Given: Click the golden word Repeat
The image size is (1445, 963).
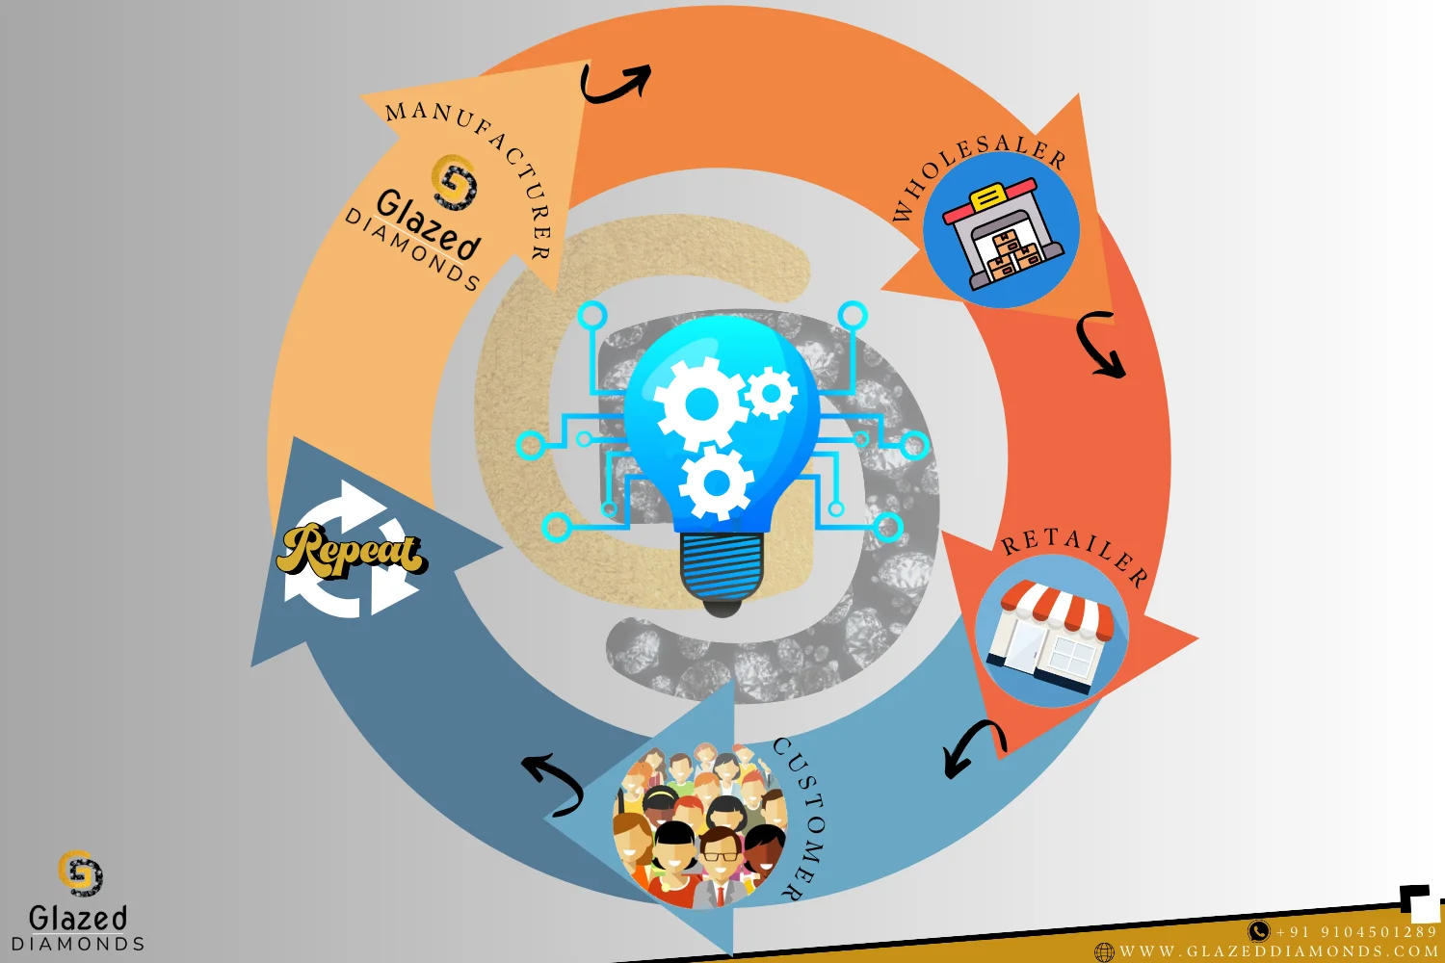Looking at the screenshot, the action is [x=351, y=552].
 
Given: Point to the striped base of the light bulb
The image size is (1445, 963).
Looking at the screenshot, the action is [x=722, y=568].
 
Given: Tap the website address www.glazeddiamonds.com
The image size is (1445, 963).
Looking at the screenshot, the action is [x=1278, y=951].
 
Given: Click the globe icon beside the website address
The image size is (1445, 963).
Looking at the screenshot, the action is [x=1104, y=952].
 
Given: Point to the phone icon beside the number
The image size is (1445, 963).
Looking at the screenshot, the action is [x=1258, y=931].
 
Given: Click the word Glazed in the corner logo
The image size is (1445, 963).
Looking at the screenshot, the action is [x=78, y=918].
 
